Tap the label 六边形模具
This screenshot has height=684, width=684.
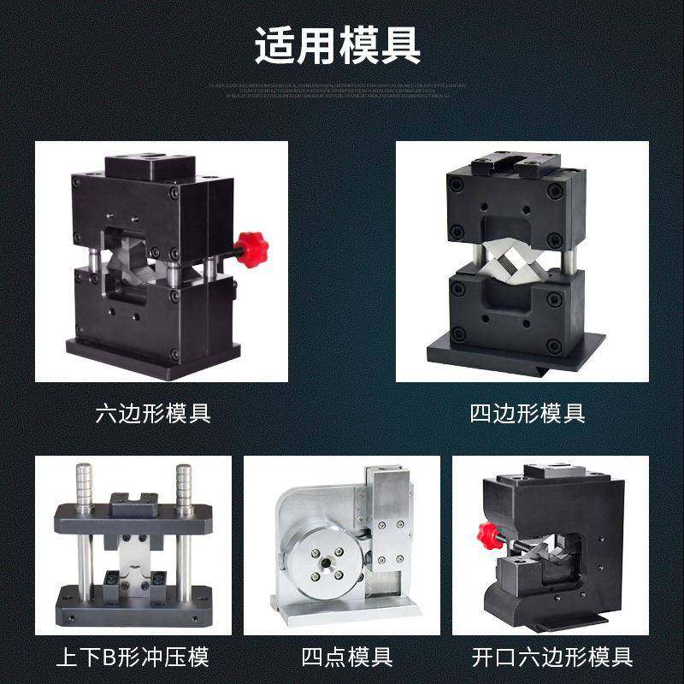[153, 414]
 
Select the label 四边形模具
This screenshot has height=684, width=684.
[528, 414]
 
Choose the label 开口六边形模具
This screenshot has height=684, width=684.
[552, 657]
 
